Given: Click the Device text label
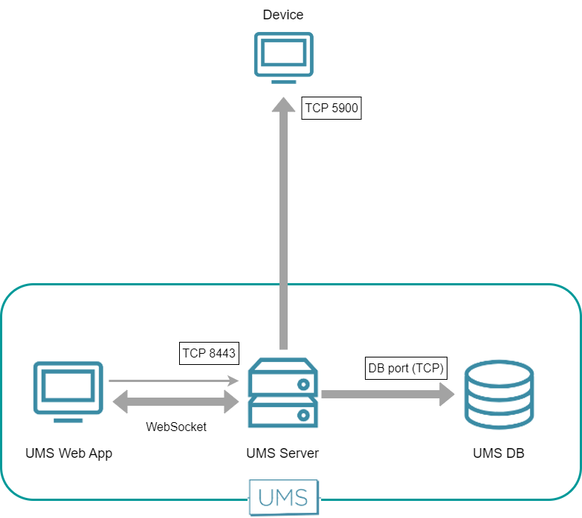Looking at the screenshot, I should point(283,15).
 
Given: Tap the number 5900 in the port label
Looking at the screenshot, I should point(345,109).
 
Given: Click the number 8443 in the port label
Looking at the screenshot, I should point(221,353).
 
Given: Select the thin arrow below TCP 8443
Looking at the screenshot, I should point(173,381).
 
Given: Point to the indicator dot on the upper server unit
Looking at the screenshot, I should point(303,384).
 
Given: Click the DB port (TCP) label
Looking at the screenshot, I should point(406,367).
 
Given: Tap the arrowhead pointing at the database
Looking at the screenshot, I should point(446,394).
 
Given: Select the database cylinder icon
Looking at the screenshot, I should point(498,394).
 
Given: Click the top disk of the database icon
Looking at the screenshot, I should point(498,371).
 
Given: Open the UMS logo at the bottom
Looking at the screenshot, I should point(283,496).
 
